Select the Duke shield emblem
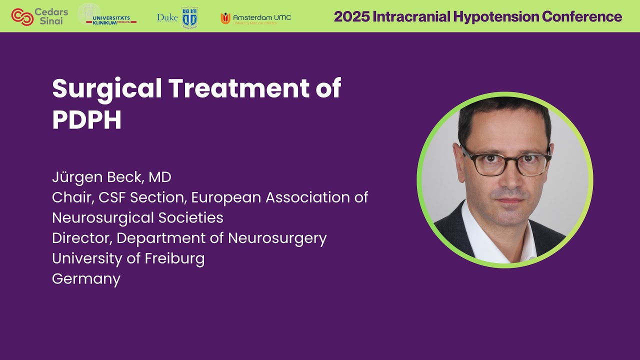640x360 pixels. point(189,17)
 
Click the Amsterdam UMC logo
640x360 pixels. point(255,18)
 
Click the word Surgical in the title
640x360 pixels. point(107,88)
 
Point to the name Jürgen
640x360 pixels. point(72,177)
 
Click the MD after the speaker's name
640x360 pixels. point(160,177)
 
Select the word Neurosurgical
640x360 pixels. point(104,218)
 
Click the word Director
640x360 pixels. point(82,238)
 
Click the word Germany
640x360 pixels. point(86,278)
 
